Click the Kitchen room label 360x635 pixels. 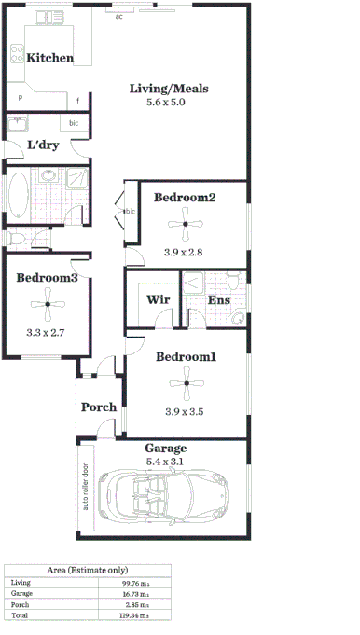(x=50, y=58)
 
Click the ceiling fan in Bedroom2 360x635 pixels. (x=186, y=223)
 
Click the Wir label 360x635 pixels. (x=157, y=300)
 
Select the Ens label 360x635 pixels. (x=218, y=300)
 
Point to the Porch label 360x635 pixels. (x=99, y=407)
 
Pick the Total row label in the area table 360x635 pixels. (x=20, y=616)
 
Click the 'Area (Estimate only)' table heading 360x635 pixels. (x=89, y=570)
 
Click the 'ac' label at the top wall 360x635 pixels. (x=118, y=17)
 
